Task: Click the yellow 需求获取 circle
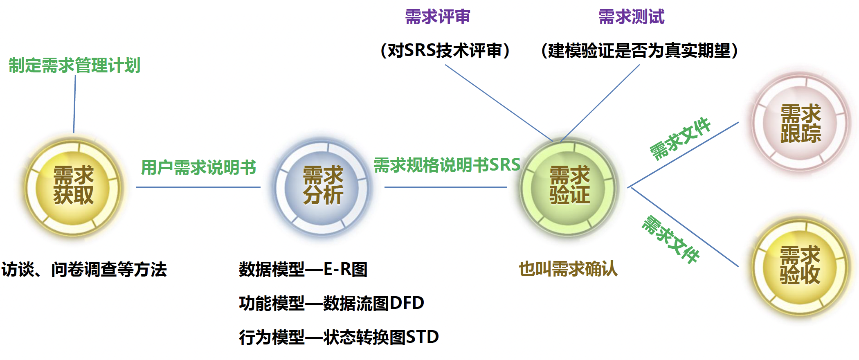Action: (x=74, y=187)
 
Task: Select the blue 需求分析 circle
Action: (x=322, y=187)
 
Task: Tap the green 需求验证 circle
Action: (x=569, y=187)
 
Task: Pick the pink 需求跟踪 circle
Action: (x=801, y=123)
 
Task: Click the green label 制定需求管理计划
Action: (x=74, y=65)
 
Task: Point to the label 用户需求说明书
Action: (x=199, y=167)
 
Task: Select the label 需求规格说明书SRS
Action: (x=447, y=165)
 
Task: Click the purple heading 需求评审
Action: (x=438, y=17)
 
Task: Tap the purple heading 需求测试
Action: (x=632, y=17)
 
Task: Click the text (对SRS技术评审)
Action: (x=445, y=51)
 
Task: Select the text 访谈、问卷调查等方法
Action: (x=84, y=270)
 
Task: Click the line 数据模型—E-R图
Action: (x=303, y=269)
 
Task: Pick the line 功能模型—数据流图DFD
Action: (x=332, y=303)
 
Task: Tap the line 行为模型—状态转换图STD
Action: (x=339, y=337)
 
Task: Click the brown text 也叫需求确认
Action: (x=568, y=269)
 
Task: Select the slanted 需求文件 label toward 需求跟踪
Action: (x=680, y=138)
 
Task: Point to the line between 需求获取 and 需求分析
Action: (x=198, y=187)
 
